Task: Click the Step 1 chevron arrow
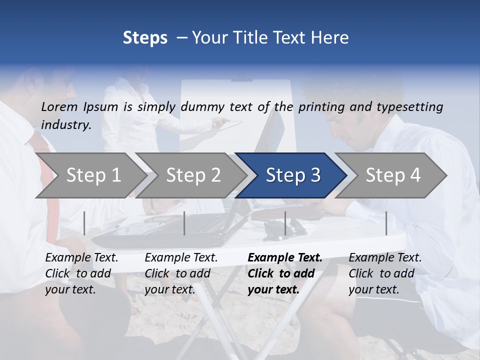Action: [x=90, y=175]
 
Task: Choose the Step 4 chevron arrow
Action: [x=392, y=175]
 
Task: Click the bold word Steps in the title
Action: [x=145, y=37]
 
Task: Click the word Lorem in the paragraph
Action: [x=59, y=106]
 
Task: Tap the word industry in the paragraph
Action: [x=66, y=124]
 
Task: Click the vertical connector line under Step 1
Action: [x=84, y=223]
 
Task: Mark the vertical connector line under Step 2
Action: [x=184, y=223]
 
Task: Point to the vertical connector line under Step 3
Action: [x=285, y=223]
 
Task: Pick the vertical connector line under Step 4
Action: [x=386, y=223]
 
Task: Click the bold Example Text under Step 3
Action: [x=285, y=258]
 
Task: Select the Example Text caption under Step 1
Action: [x=81, y=258]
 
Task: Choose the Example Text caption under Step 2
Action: [x=181, y=258]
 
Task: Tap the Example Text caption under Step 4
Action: [x=385, y=258]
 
